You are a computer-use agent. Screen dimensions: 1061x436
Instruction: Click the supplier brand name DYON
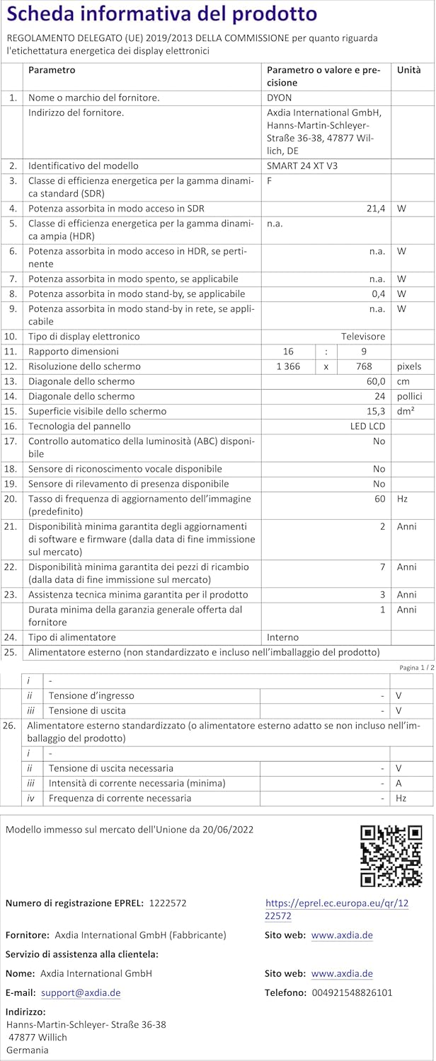(280, 98)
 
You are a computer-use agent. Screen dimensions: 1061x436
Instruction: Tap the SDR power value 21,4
(375, 209)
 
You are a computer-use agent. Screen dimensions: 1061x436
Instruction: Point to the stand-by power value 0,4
(378, 294)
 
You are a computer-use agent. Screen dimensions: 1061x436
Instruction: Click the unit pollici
(410, 396)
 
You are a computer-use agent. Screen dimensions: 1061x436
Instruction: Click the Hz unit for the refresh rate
(402, 499)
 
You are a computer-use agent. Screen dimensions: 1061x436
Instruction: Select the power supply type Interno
(282, 637)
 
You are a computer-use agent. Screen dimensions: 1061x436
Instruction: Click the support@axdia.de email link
(81, 993)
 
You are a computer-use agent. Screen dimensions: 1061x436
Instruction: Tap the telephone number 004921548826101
(352, 993)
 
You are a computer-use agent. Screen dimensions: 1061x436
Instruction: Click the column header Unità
(408, 70)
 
